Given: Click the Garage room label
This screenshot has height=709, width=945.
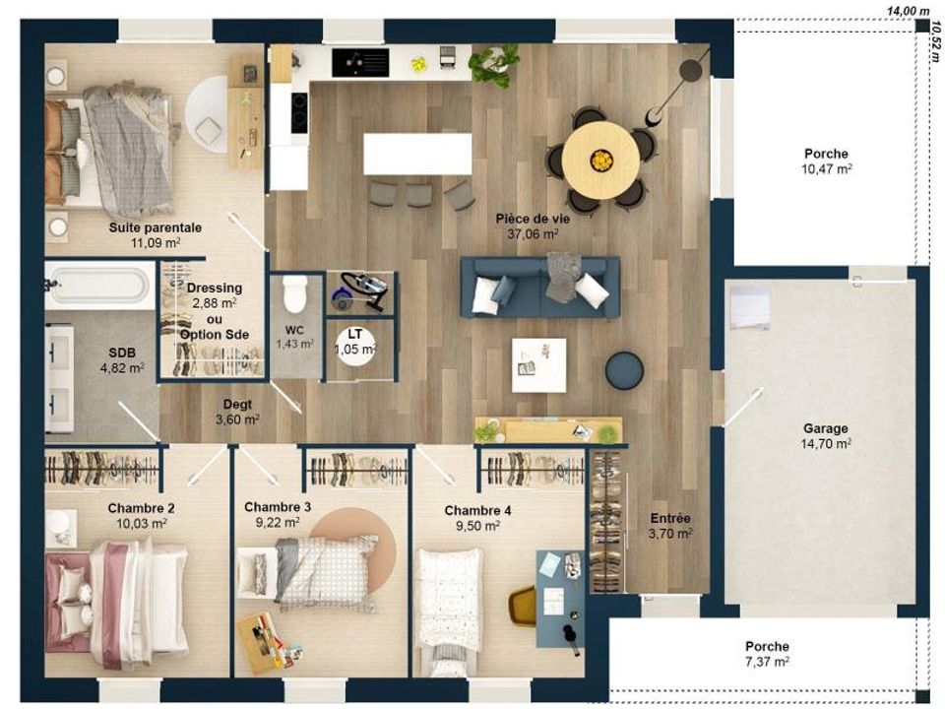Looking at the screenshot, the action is [826, 428].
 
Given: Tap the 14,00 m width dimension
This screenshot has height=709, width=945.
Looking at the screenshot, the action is [901, 11].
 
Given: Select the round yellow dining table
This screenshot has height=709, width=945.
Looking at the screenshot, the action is [599, 160].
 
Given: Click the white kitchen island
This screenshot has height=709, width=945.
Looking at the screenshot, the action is [417, 154].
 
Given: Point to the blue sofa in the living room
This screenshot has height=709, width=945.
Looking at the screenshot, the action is [540, 287].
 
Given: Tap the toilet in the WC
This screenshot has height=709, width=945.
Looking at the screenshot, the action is [295, 293].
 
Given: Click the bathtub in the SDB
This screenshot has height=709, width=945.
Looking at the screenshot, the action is [98, 286].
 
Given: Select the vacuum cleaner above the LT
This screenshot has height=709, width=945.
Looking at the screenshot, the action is [360, 291].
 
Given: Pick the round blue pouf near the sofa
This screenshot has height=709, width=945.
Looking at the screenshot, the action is [624, 369].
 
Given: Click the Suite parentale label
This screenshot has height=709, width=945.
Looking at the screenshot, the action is [155, 227].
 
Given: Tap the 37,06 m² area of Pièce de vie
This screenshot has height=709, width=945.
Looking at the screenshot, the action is [533, 234].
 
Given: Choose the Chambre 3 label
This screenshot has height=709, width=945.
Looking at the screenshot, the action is [278, 507].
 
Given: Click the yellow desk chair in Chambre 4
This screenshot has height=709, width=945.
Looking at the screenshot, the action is [523, 606].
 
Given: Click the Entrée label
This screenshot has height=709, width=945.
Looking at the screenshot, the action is [670, 519].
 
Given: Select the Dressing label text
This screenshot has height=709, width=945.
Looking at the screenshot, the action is [214, 289].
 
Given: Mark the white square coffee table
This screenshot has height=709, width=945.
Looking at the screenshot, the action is [538, 365].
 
